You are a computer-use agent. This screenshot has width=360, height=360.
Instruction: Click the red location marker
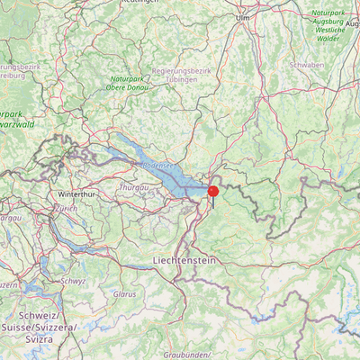click(213, 191)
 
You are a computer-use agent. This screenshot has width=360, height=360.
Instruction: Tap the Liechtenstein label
click(184, 259)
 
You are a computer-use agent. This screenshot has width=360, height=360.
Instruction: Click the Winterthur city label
click(76, 194)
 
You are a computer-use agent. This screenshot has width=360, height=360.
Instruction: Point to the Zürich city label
click(66, 208)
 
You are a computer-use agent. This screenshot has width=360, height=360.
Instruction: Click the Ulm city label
click(242, 17)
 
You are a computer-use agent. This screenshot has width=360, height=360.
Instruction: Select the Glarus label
click(124, 294)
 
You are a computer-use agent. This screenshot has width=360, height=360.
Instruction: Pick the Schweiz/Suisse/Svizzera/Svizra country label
click(46, 328)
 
